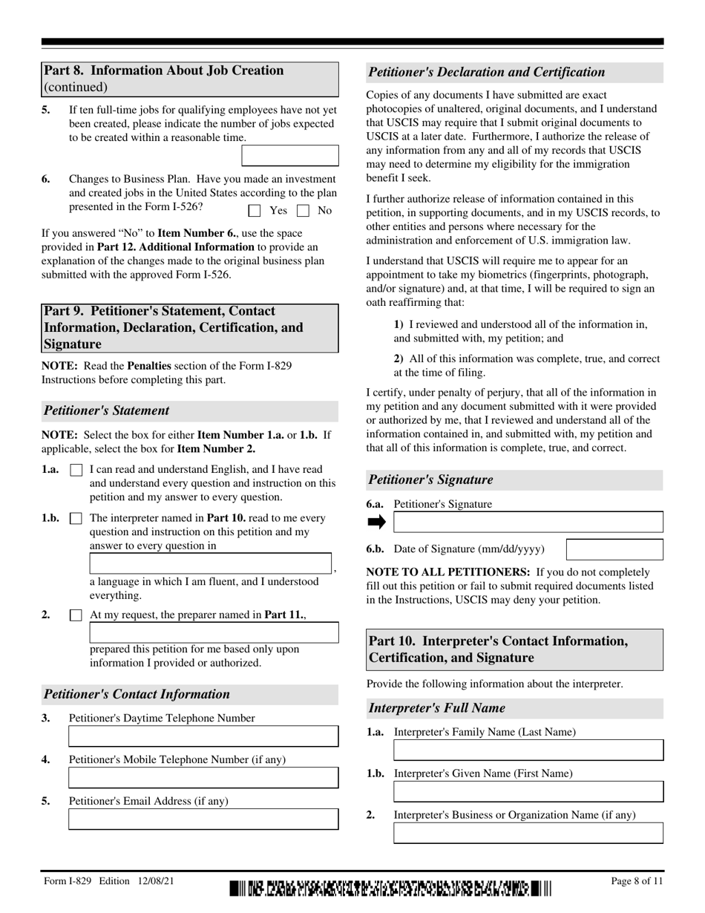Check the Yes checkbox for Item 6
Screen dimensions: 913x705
[255, 211]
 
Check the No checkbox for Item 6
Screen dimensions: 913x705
[302, 211]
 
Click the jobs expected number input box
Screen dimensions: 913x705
[290, 155]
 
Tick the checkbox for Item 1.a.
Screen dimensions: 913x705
[76, 470]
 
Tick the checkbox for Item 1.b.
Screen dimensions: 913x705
[76, 519]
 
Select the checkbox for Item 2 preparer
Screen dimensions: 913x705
[76, 615]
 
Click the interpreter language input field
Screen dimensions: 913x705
[211, 563]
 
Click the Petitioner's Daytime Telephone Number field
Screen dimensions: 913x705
[203, 736]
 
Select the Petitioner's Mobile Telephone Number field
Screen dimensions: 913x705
[203, 778]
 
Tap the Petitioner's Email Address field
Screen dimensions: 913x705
[203, 819]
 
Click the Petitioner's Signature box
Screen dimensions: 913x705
[528, 523]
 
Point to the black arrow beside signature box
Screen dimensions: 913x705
[377, 523]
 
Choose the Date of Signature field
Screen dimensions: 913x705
[614, 550]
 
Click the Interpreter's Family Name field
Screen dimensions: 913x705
[528, 750]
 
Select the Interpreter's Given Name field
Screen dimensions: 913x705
[528, 792]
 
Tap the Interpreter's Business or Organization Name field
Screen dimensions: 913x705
[528, 833]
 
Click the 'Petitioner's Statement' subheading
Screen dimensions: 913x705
[107, 410]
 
